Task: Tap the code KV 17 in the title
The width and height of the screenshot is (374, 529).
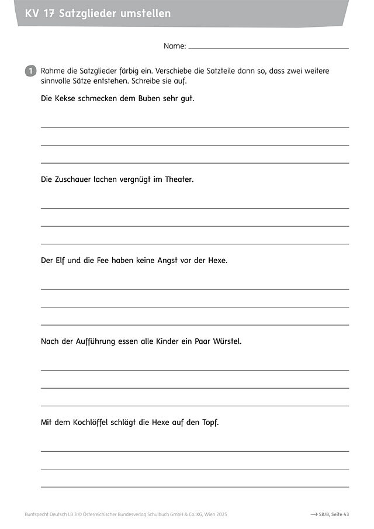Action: (40, 13)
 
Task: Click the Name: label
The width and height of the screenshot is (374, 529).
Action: (175, 46)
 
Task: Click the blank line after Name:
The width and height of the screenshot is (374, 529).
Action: (268, 47)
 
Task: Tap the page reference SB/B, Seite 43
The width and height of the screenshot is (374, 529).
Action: (334, 514)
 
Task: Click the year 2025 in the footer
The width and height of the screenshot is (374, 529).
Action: (220, 514)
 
